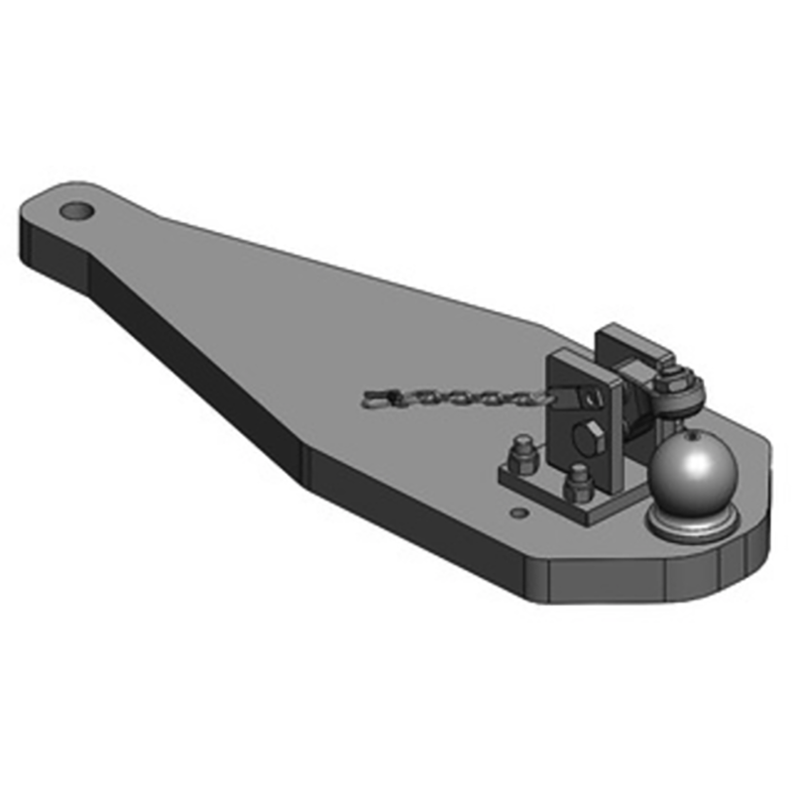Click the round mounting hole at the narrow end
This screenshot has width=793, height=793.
point(75,211)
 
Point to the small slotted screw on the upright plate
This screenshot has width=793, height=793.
point(593,398)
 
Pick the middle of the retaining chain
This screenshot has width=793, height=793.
point(456,398)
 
